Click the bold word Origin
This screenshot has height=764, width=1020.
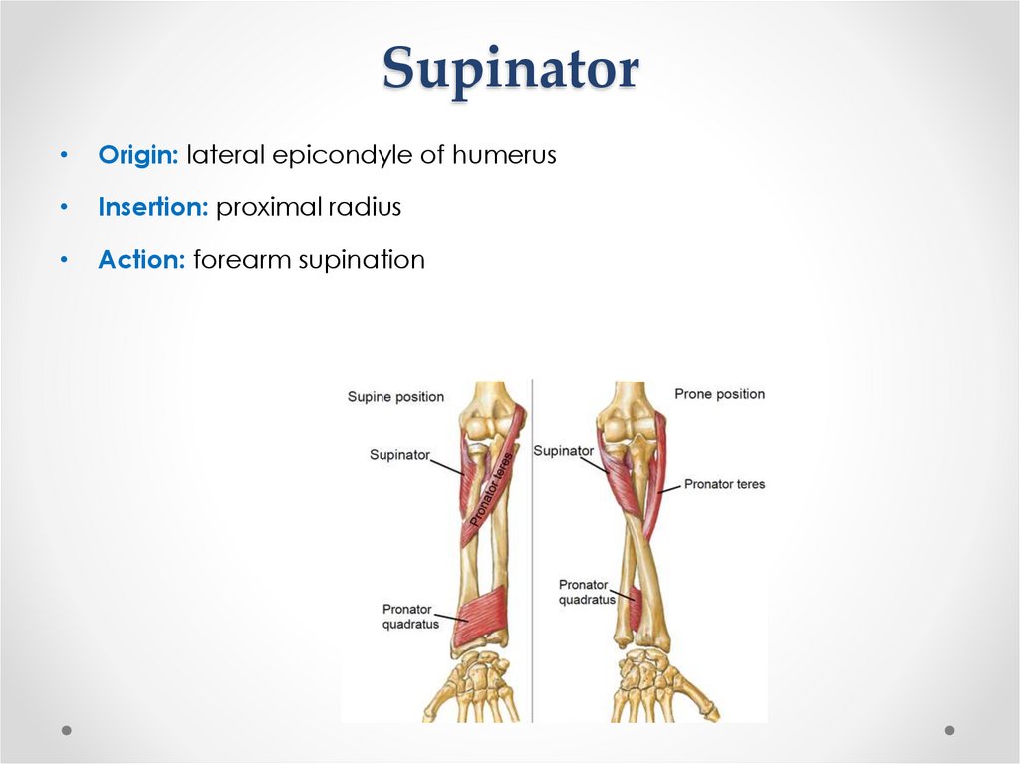(x=137, y=155)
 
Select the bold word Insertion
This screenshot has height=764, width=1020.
(x=152, y=207)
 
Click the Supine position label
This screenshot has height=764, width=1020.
(x=395, y=397)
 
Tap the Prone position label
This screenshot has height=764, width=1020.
(x=719, y=394)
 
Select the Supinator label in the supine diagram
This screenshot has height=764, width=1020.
(x=398, y=455)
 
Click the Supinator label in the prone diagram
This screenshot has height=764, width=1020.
(x=563, y=451)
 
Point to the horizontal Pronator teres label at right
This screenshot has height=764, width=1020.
(x=724, y=484)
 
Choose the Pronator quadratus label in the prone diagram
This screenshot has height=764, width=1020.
(x=587, y=592)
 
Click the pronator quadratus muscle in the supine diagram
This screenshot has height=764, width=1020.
(x=481, y=618)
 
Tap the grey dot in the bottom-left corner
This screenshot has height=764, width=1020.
(x=67, y=730)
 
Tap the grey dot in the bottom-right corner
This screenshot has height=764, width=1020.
(x=949, y=730)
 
